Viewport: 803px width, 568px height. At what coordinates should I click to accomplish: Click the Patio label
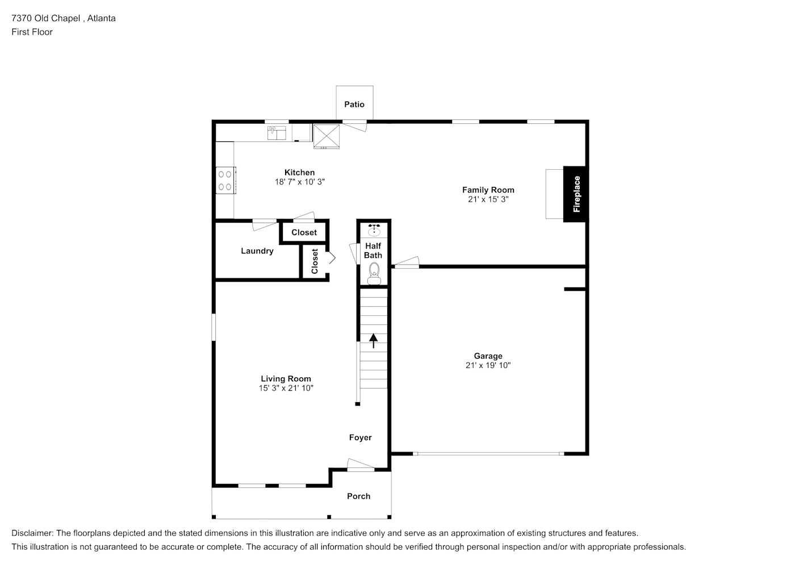(x=354, y=105)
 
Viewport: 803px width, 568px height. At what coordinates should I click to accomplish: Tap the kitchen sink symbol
(x=277, y=133)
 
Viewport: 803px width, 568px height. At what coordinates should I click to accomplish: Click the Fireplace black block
(x=575, y=194)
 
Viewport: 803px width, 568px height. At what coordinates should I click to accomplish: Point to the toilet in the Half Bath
(x=374, y=274)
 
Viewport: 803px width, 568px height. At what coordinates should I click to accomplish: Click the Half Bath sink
(x=374, y=230)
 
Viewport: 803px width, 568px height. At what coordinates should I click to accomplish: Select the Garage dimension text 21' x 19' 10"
(x=488, y=365)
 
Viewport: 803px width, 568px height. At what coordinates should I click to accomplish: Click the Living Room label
(x=286, y=379)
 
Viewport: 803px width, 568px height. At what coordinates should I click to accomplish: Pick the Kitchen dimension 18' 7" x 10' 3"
(x=300, y=182)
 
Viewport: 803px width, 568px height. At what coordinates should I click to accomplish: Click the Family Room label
(x=488, y=190)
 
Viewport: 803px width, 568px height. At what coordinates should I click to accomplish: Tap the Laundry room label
(x=257, y=251)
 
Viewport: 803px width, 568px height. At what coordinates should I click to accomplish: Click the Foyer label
(x=360, y=437)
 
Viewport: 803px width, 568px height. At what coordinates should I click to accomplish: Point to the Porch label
(x=358, y=496)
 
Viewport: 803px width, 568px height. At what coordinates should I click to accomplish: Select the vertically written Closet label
(x=315, y=261)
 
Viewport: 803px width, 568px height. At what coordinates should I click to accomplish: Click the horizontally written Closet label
(x=304, y=232)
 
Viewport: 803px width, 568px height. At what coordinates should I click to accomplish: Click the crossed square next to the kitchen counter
(x=326, y=136)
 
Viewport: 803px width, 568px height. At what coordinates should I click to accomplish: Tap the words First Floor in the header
(x=32, y=32)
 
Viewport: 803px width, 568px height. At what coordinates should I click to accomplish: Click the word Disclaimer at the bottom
(x=32, y=533)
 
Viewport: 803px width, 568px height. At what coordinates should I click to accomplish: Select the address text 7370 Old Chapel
(x=46, y=18)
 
